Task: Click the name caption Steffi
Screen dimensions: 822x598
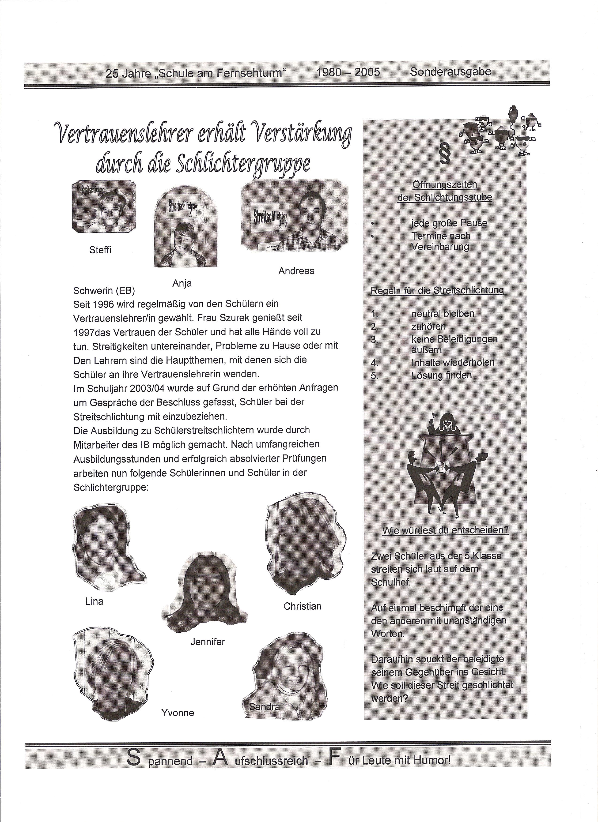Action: pos(100,250)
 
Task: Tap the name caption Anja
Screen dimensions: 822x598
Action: pos(182,283)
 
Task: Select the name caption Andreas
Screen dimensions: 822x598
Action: pos(296,271)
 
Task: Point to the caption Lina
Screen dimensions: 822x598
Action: pos(94,601)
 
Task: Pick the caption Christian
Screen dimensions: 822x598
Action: pos(303,606)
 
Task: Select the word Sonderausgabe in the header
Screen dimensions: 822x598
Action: pos(450,72)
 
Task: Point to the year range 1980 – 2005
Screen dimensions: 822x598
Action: pos(348,72)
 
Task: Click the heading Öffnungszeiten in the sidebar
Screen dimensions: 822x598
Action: pos(445,185)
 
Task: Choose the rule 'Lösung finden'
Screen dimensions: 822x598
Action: pos(441,375)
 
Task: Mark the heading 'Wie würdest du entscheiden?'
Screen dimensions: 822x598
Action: pos(445,530)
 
